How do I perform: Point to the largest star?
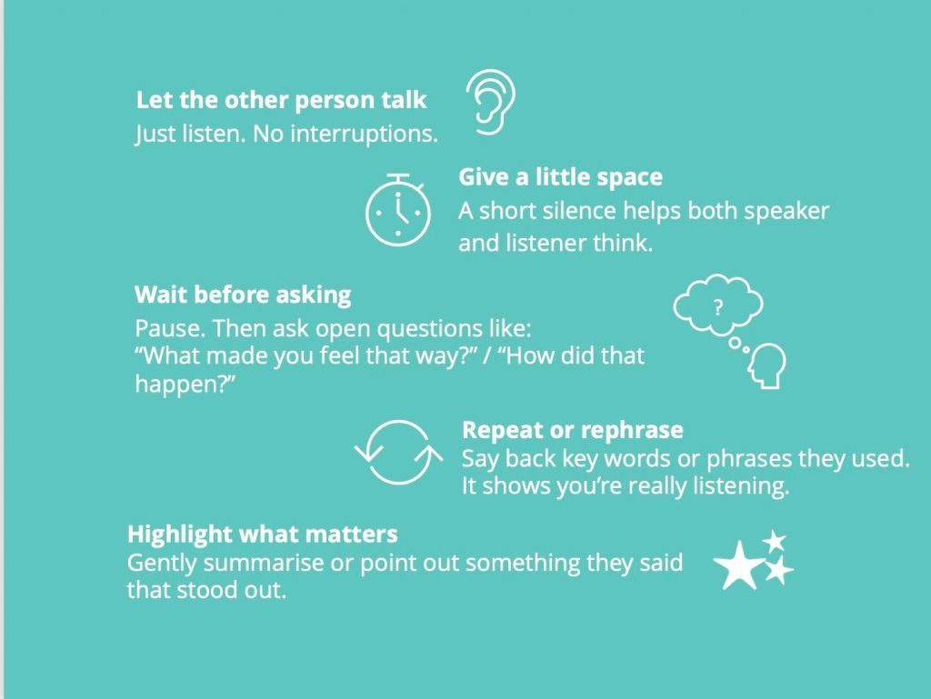pos(738,565)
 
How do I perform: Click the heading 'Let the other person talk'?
pos(281,100)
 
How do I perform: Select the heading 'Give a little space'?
pos(560,177)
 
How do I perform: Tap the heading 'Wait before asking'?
pos(243,295)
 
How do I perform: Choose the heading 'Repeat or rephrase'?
pos(573,430)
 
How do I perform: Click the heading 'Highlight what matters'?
pos(263,534)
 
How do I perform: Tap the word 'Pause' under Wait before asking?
pos(170,328)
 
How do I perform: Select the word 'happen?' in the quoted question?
pos(185,384)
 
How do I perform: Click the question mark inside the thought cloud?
pos(718,307)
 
